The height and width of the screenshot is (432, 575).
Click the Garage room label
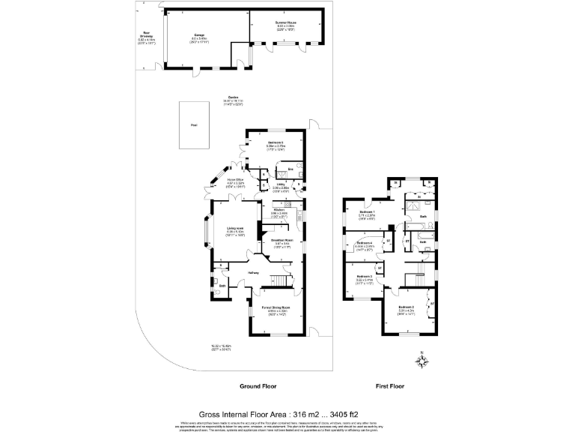[200, 35]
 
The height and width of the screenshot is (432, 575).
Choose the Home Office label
[237, 179]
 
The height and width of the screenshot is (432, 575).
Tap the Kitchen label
[279, 211]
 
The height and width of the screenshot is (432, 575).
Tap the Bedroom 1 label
[366, 213]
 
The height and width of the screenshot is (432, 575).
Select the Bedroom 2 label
[406, 307]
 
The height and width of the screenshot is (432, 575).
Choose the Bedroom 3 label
[365, 276]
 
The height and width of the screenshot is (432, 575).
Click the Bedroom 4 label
[365, 243]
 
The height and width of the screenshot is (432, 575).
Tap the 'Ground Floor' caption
[259, 387]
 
